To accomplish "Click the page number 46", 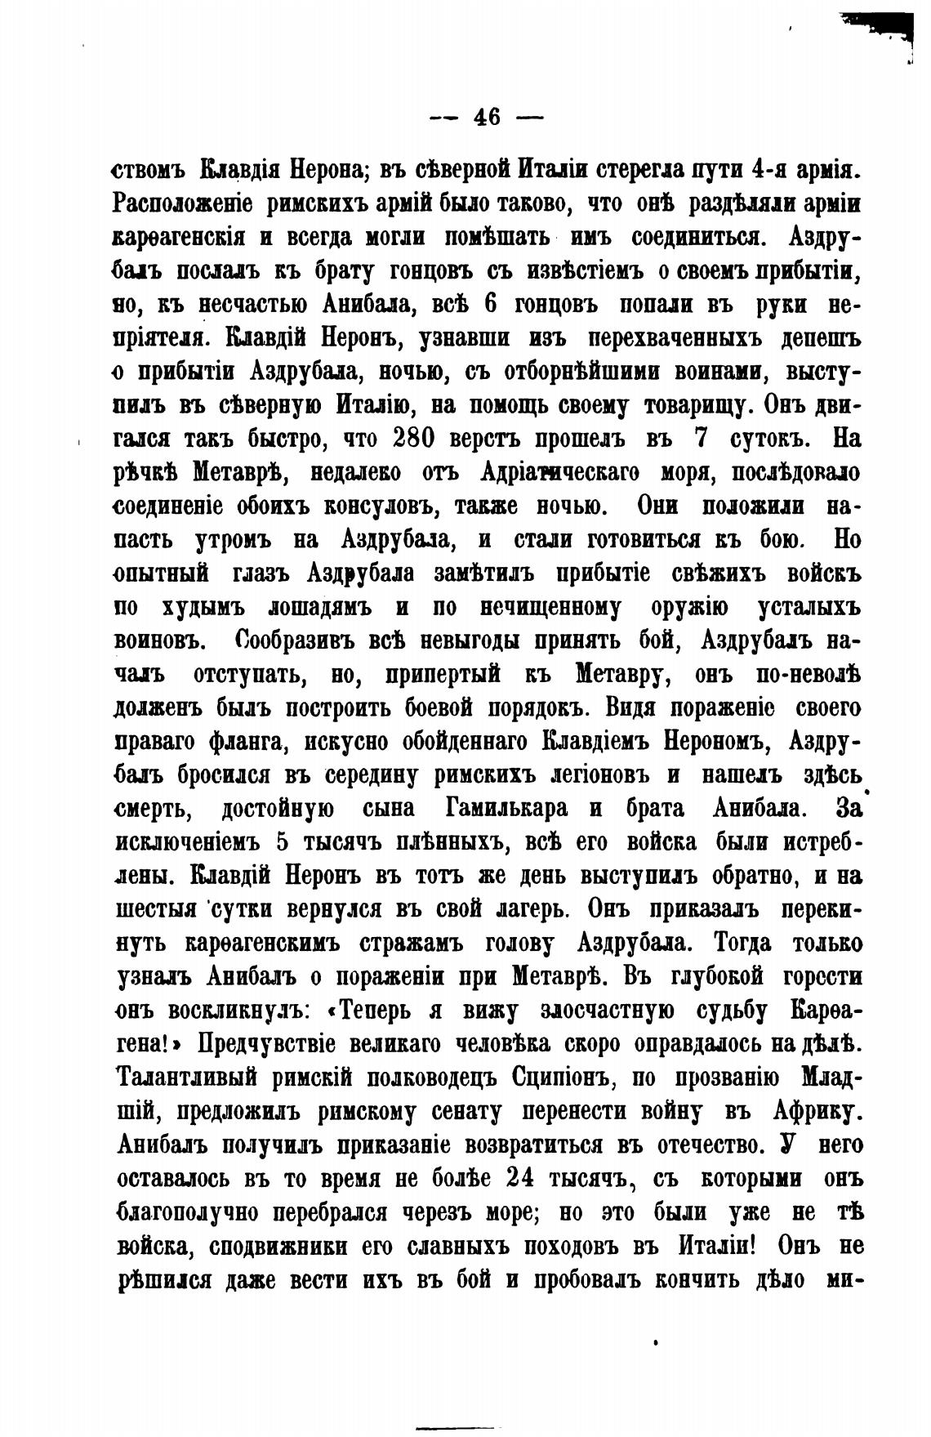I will [x=487, y=117].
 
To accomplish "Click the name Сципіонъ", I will [x=558, y=1078].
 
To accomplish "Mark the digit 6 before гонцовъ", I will [x=491, y=304].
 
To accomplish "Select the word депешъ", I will [x=812, y=338].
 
